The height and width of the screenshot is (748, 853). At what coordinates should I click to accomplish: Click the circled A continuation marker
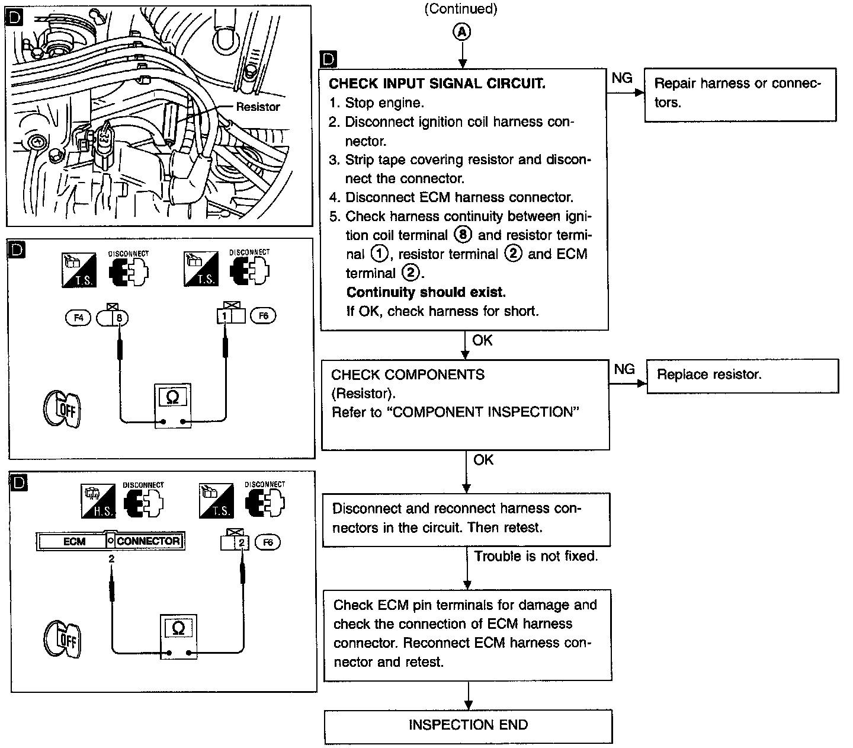click(x=462, y=32)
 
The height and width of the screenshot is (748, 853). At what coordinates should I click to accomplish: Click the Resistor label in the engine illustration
click(x=258, y=107)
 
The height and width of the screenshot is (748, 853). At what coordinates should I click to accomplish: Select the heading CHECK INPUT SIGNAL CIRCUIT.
click(x=437, y=84)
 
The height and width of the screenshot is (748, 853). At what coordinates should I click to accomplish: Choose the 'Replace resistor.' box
click(x=742, y=375)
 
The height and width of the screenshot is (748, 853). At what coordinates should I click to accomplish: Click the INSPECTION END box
click(x=468, y=725)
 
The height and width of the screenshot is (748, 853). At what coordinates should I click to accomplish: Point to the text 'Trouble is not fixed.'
click(x=536, y=556)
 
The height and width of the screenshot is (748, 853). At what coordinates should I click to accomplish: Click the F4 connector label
click(x=78, y=318)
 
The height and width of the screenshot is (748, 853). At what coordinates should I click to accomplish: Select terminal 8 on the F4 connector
click(x=120, y=318)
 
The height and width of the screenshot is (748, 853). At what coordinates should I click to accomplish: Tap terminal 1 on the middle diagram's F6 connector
click(x=225, y=317)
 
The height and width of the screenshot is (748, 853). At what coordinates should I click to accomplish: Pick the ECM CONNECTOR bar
click(x=110, y=541)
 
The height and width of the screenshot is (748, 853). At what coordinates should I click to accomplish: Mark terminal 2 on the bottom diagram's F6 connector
click(x=241, y=542)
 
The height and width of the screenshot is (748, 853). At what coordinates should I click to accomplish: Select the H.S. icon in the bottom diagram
click(x=98, y=500)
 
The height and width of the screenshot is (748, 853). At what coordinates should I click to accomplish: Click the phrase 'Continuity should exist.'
click(x=426, y=292)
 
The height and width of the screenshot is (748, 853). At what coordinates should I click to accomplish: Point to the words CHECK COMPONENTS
click(x=408, y=375)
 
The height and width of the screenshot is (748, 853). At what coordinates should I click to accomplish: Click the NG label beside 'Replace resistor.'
click(x=624, y=369)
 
